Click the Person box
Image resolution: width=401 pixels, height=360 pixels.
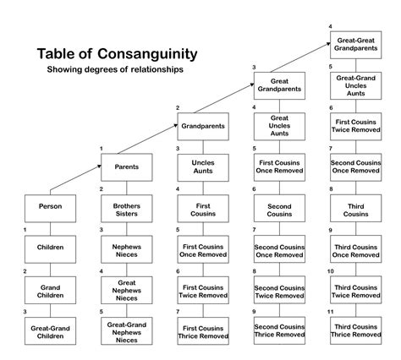(x=50, y=205)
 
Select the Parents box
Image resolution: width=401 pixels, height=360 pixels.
(x=127, y=166)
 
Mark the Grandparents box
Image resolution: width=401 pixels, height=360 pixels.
(x=203, y=126)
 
